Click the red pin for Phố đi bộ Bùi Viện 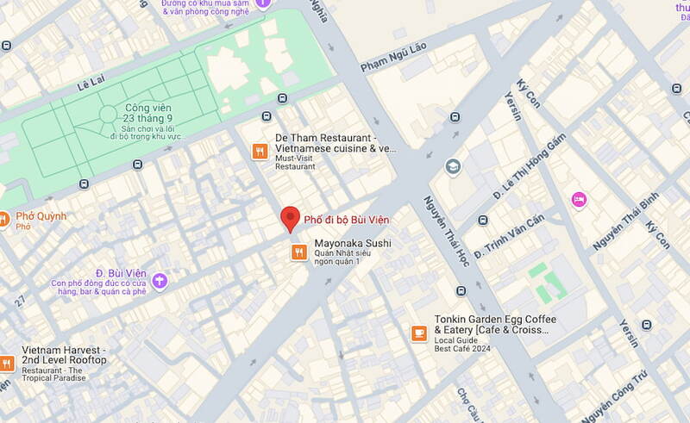point(292,219)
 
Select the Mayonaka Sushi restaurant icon point(298,252)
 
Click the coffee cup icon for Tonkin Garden point(419,333)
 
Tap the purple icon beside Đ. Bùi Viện point(160,280)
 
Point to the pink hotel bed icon point(579,200)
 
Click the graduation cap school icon point(453,166)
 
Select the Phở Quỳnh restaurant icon point(3,219)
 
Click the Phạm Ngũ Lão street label point(393,64)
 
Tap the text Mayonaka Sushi point(352,244)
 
